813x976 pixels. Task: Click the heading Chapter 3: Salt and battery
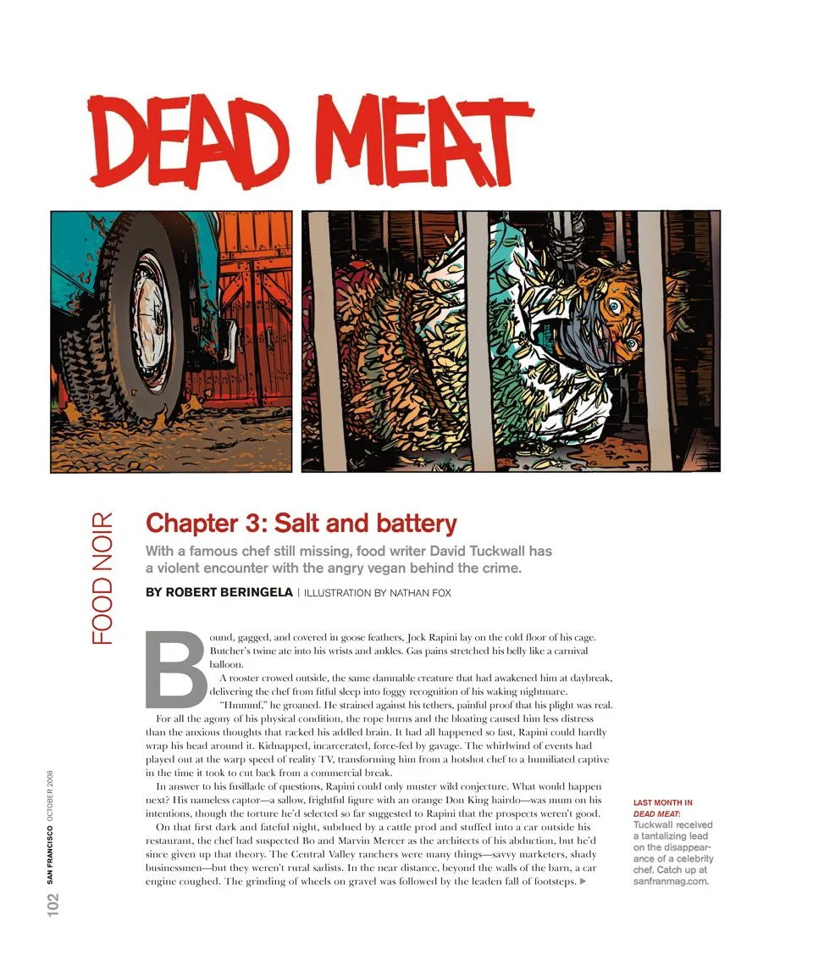coord(301,523)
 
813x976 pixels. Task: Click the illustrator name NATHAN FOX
coord(420,593)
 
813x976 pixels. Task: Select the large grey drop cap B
coord(175,669)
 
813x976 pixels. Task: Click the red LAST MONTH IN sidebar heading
coord(663,802)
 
